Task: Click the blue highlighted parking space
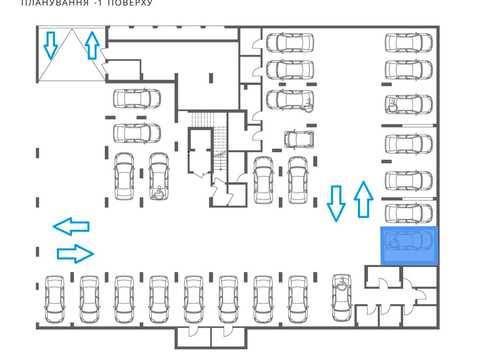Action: tap(409, 246)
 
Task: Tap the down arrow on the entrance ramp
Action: tap(51, 46)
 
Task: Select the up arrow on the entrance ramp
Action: tap(92, 45)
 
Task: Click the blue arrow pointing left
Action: tap(71, 226)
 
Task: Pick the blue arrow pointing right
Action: tap(75, 254)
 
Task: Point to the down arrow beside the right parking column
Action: tap(336, 203)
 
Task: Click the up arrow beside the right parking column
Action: tap(363, 199)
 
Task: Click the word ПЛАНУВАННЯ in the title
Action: tap(55, 3)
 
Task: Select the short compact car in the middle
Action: tap(299, 139)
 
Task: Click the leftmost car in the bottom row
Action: tap(55, 299)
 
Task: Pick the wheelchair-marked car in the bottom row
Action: tap(342, 297)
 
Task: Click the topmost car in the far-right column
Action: tap(409, 43)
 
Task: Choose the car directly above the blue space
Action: tap(409, 213)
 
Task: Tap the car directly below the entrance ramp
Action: tap(137, 98)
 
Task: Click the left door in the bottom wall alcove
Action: tap(193, 331)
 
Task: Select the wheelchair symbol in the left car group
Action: tap(159, 193)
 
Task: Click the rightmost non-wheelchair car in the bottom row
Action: tap(298, 299)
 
